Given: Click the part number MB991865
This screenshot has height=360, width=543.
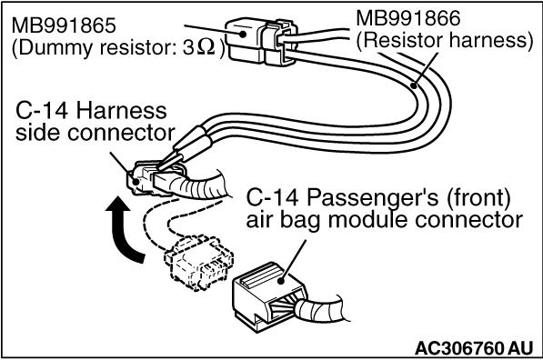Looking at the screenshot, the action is click(64, 25).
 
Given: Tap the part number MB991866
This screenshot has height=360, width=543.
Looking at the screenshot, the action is click(408, 18).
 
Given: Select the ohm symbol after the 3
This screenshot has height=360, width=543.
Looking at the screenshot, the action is click(206, 47).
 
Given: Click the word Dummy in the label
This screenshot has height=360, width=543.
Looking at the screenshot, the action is click(56, 47).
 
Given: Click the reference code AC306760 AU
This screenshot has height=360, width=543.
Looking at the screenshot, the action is click(473, 347).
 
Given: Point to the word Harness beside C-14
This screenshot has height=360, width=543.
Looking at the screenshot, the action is click(121, 111).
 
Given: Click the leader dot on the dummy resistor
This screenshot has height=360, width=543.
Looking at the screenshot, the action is click(243, 34).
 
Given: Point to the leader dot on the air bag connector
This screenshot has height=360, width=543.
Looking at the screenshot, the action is click(282, 279).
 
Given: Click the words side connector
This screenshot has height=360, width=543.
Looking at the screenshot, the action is click(95, 133).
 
